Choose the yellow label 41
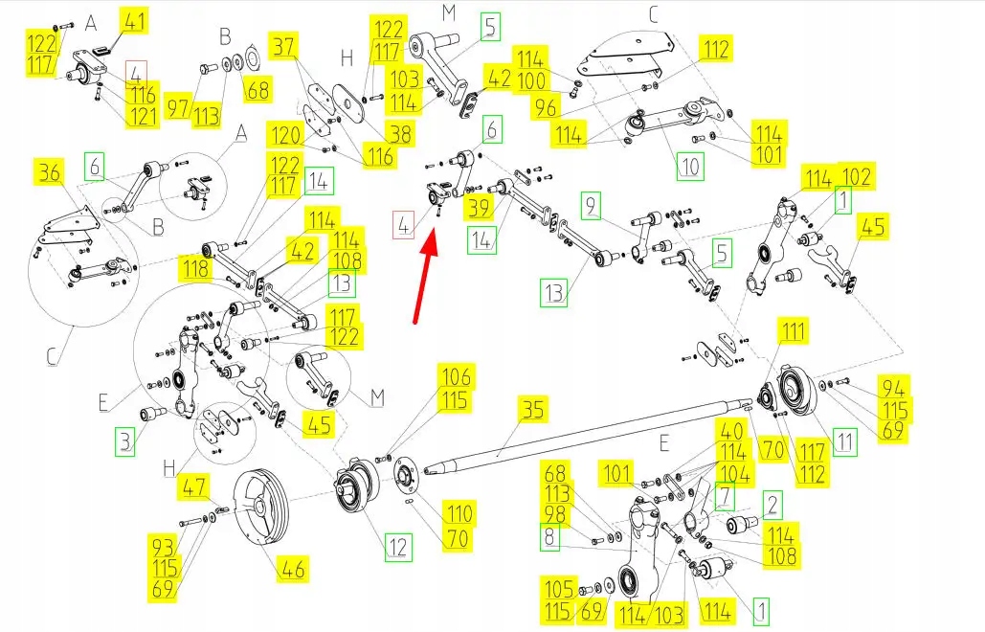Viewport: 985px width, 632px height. pyautogui.click(x=132, y=21)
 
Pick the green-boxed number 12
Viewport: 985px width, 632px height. pyautogui.click(x=398, y=548)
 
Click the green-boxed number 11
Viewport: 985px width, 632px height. pyautogui.click(x=843, y=441)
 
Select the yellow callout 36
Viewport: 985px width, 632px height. pyautogui.click(x=49, y=173)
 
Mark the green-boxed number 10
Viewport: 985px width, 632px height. pyautogui.click(x=689, y=168)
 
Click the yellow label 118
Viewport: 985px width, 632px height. pyautogui.click(x=197, y=269)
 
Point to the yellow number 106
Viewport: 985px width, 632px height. pyautogui.click(x=455, y=376)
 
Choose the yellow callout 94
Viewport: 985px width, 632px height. pyautogui.click(x=894, y=388)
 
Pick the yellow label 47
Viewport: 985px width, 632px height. pyautogui.click(x=194, y=488)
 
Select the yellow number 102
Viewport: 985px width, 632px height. pyautogui.click(x=856, y=177)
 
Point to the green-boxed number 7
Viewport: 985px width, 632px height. pyautogui.click(x=725, y=494)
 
